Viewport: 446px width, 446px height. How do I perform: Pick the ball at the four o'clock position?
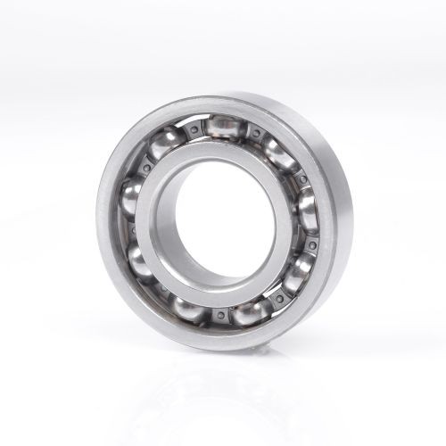pyautogui.click(x=299, y=273)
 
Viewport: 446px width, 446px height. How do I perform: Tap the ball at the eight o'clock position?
pyautogui.click(x=143, y=261)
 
